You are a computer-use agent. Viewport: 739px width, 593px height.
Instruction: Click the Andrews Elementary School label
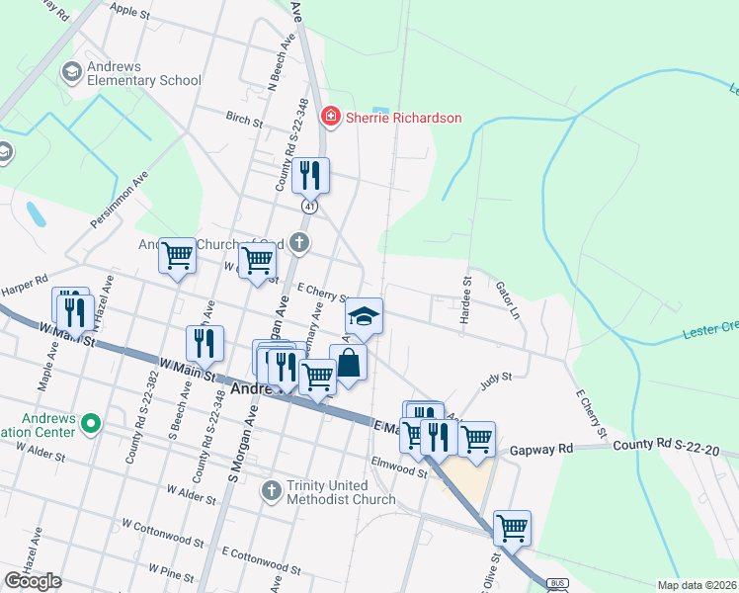130,73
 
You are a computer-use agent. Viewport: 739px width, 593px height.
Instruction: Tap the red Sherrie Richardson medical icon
330,118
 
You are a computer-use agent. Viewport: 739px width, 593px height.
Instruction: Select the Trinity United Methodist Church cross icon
273,490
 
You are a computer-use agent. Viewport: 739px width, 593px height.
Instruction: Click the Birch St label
244,125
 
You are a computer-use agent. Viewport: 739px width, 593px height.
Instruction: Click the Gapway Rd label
541,450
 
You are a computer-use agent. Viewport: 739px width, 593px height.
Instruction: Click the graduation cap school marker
364,316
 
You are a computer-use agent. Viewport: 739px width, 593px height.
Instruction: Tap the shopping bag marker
349,362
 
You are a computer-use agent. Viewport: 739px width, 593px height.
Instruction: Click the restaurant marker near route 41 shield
310,175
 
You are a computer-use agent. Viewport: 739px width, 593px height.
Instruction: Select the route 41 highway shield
310,206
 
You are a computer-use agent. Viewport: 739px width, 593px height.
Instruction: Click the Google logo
33,581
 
